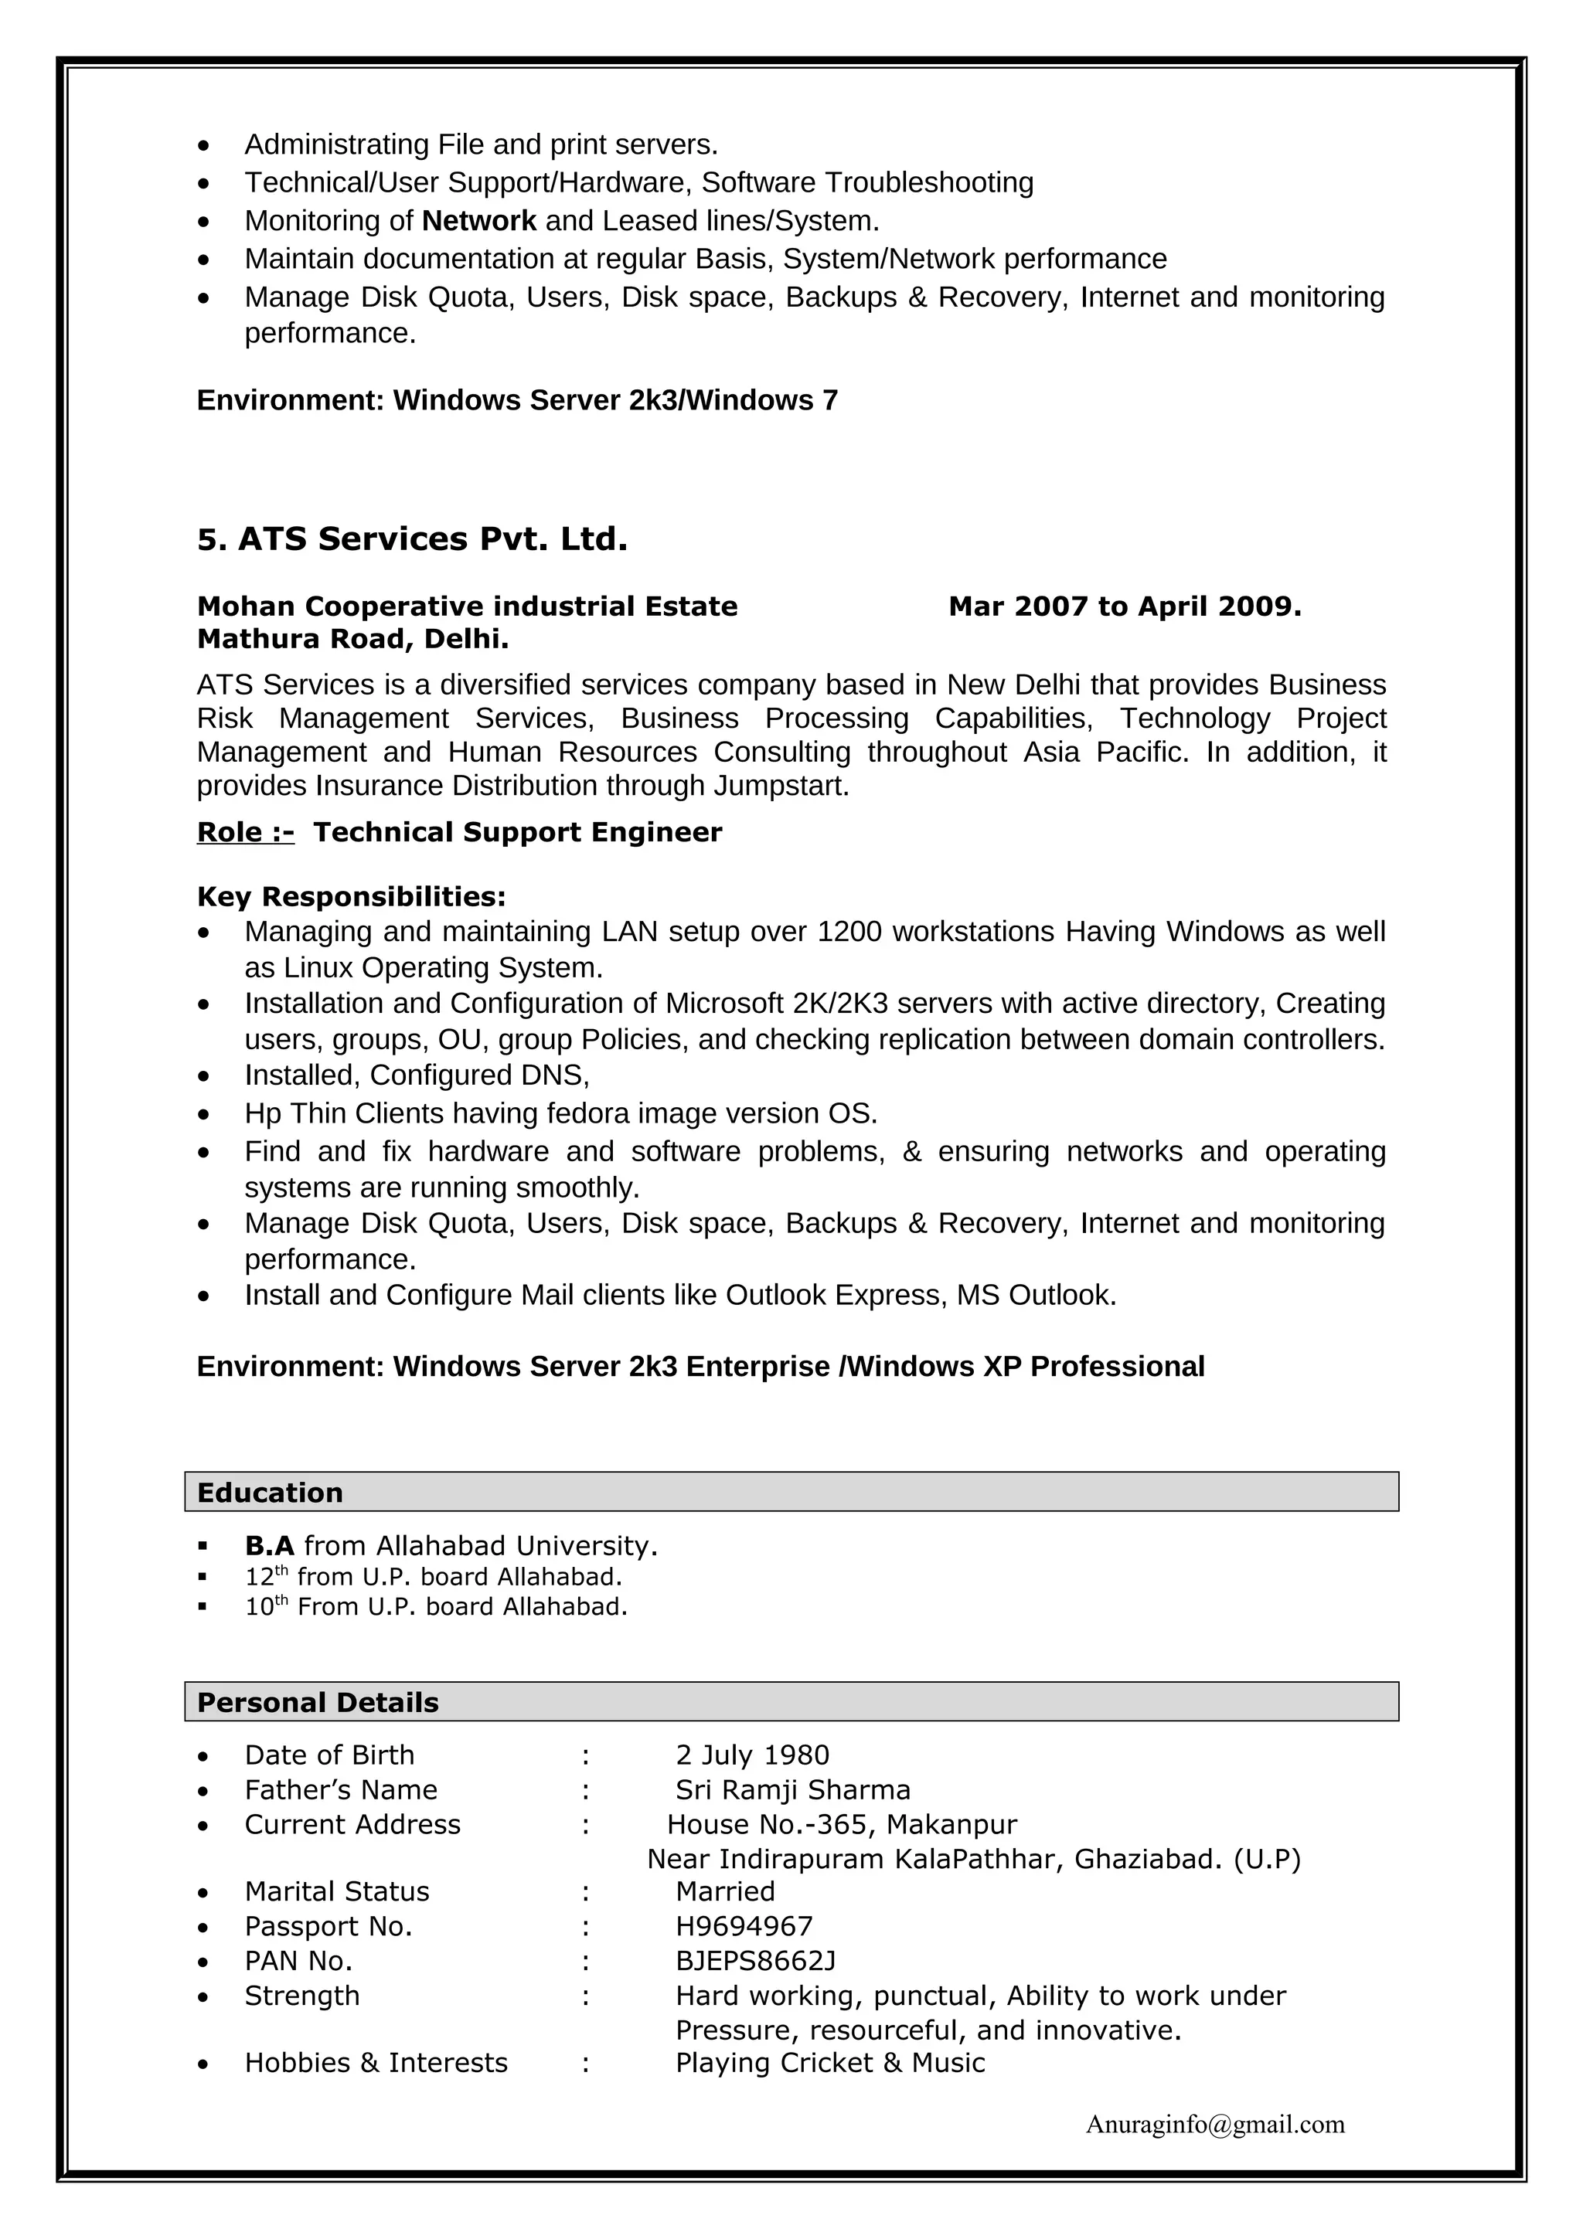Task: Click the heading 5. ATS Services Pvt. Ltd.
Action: pyautogui.click(x=412, y=539)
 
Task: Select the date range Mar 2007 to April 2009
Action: pyautogui.click(x=1125, y=606)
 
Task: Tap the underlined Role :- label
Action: pyautogui.click(x=245, y=832)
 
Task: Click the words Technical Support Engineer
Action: pyautogui.click(x=517, y=832)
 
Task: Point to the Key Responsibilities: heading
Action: pyautogui.click(x=351, y=896)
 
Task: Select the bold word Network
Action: pyautogui.click(x=479, y=222)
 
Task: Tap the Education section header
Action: pyautogui.click(x=271, y=1492)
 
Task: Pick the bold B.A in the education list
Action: pyautogui.click(x=269, y=1546)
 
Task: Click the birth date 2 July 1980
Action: pyautogui.click(x=752, y=1755)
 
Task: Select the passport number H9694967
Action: pyautogui.click(x=744, y=1926)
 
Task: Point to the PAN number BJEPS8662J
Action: pyautogui.click(x=755, y=1960)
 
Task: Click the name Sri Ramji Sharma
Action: pyautogui.click(x=792, y=1789)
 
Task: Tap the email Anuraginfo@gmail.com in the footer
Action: pyautogui.click(x=1214, y=2124)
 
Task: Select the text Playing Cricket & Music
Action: pyautogui.click(x=829, y=2063)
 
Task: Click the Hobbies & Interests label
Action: pyautogui.click(x=376, y=2063)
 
